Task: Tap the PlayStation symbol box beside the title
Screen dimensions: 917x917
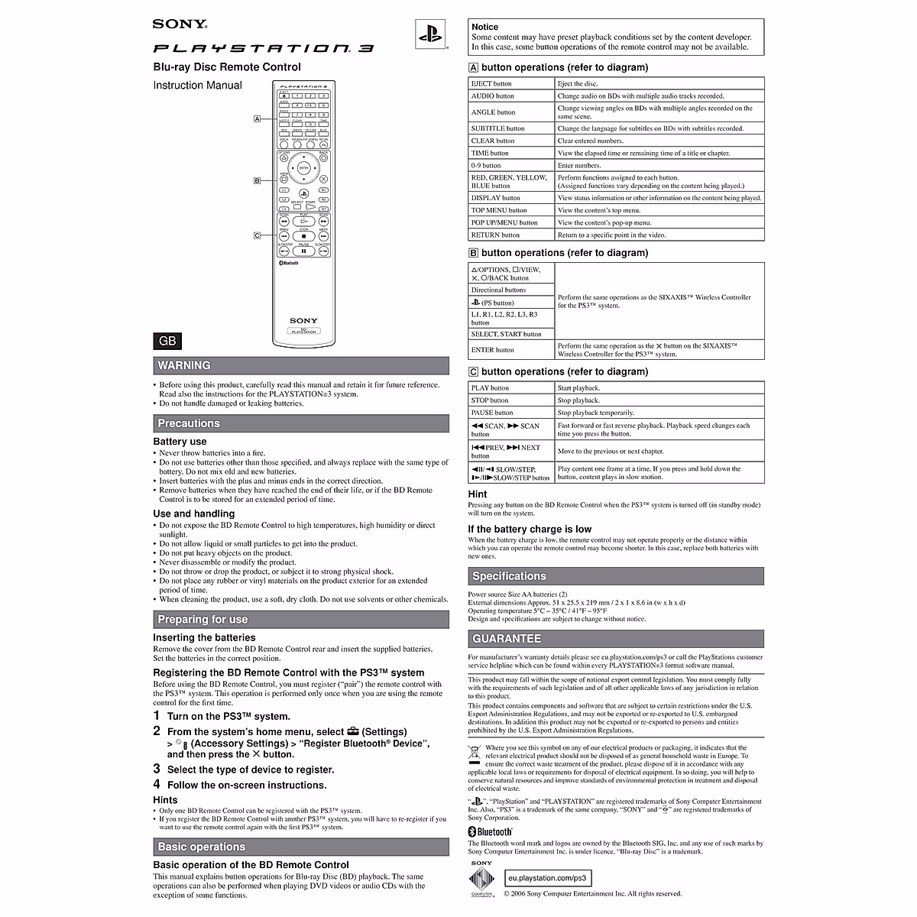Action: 430,35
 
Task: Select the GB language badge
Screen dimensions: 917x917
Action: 167,341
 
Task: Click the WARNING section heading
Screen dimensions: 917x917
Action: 184,365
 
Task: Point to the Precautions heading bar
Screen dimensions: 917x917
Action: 189,423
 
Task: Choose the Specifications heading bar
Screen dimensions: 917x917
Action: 509,576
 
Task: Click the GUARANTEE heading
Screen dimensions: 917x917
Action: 507,639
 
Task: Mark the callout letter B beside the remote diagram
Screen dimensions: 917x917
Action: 258,180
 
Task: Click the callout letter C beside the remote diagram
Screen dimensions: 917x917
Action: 258,235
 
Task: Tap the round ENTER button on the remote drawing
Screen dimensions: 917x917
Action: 303,167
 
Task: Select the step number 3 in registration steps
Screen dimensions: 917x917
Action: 157,769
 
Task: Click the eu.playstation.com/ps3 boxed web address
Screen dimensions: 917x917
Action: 548,879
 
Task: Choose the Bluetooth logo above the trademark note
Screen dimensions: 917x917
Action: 491,831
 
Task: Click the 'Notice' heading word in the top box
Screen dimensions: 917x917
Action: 485,27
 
